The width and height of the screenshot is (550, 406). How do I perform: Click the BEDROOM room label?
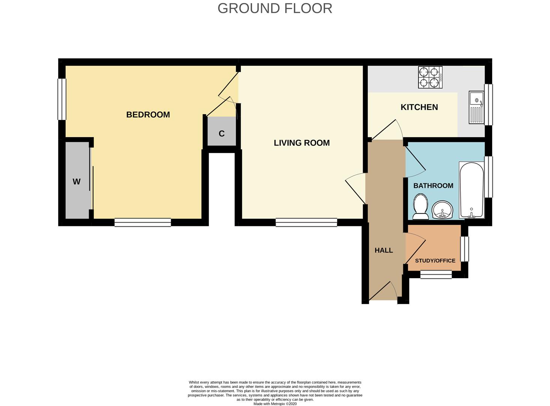click(x=148, y=115)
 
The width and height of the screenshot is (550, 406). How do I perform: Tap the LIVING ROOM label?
click(x=302, y=143)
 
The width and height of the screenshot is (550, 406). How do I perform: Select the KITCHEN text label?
click(x=419, y=107)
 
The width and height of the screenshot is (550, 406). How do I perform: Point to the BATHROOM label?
click(x=433, y=186)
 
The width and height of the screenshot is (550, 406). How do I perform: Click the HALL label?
click(x=384, y=250)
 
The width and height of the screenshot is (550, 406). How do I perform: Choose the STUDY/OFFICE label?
click(x=435, y=261)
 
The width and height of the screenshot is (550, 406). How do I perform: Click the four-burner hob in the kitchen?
click(x=430, y=77)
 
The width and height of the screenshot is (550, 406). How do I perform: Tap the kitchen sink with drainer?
click(x=476, y=107)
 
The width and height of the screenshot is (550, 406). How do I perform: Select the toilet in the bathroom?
click(x=421, y=207)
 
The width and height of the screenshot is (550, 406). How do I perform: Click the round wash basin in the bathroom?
click(x=442, y=210)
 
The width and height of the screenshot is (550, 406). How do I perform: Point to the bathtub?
click(x=472, y=190)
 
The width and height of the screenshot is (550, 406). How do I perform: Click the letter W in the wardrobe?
click(x=77, y=182)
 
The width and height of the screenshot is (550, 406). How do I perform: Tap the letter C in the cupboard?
click(x=221, y=133)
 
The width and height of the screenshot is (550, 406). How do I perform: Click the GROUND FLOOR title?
click(x=275, y=8)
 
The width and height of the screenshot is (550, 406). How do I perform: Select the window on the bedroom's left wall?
click(x=62, y=99)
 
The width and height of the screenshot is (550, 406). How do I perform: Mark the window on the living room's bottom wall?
click(x=306, y=222)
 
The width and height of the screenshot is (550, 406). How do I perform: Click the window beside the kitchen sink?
click(x=488, y=105)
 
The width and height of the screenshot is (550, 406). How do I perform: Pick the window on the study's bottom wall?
click(x=436, y=274)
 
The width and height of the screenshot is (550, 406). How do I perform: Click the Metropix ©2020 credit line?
click(x=275, y=404)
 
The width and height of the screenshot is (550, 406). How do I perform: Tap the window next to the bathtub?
click(x=488, y=177)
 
